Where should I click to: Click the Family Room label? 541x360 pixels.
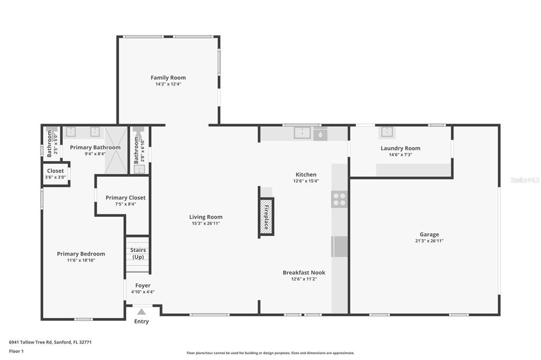tap(168, 78)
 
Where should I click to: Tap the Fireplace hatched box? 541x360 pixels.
tap(266, 216)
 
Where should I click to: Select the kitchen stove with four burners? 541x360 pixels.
tap(339, 200)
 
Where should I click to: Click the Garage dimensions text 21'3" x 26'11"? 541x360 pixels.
tap(429, 241)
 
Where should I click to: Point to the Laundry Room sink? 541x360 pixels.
tap(387, 132)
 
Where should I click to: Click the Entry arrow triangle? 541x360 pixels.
tap(141, 312)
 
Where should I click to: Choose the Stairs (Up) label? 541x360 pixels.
tap(138, 253)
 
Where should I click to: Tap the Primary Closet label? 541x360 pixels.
tap(125, 198)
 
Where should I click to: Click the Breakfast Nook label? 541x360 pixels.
tap(304, 273)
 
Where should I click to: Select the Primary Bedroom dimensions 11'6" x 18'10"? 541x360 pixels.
tap(81, 260)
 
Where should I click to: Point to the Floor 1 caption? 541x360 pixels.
tap(16, 351)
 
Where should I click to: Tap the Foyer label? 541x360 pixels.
tap(143, 286)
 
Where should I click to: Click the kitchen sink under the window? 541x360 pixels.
tap(302, 133)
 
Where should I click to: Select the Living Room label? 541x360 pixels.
tap(206, 217)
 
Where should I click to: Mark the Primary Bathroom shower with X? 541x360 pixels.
tap(116, 150)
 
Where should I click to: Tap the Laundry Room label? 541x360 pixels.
tap(400, 148)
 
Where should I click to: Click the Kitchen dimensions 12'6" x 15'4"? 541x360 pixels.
tap(306, 181)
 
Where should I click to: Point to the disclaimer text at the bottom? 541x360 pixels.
tap(270, 353)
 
